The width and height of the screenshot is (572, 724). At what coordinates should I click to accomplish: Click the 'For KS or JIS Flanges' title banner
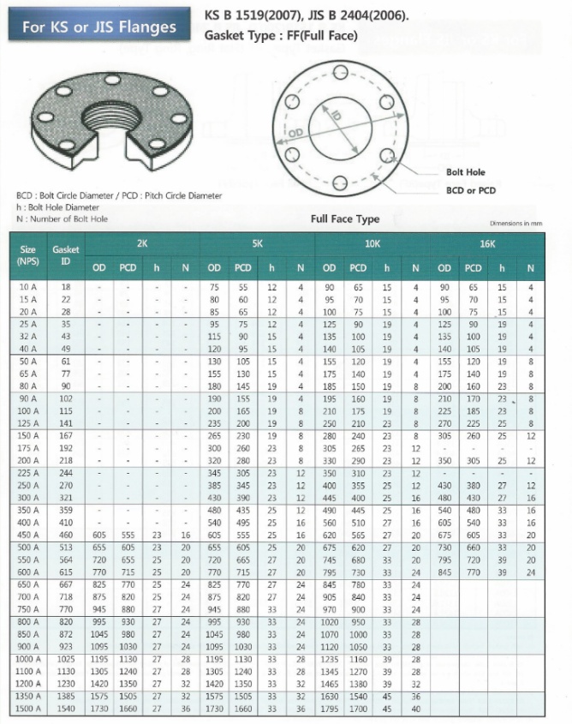click(99, 27)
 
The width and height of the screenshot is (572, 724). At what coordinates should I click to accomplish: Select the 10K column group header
click(372, 243)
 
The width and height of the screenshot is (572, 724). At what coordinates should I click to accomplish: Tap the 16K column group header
click(488, 243)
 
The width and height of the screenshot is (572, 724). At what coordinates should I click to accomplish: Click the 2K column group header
click(142, 243)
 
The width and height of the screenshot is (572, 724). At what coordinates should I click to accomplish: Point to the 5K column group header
click(257, 243)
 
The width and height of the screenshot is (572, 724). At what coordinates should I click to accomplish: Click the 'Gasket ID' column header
click(66, 255)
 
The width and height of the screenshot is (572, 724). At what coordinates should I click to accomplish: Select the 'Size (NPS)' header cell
click(28, 255)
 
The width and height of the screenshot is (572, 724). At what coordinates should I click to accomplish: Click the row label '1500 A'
click(28, 710)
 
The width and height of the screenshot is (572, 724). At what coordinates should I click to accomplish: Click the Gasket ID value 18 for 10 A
click(66, 286)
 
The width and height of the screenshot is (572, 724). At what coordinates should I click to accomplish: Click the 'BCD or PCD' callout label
click(471, 190)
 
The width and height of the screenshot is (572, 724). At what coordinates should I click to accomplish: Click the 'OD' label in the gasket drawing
click(295, 134)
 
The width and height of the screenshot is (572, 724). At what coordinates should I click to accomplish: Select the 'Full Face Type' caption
click(344, 219)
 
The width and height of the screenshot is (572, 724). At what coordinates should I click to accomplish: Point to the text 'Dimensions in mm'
click(515, 223)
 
